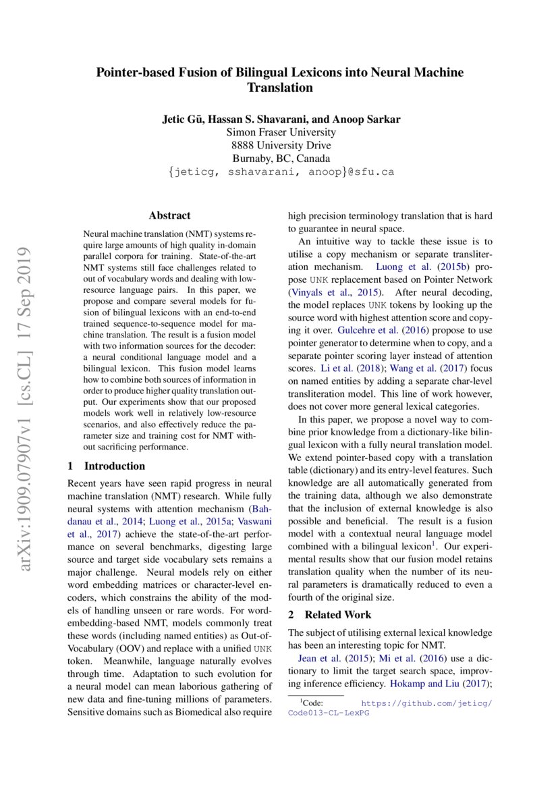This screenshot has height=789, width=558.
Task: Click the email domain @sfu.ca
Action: click(x=370, y=172)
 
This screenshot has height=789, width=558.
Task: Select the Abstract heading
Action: click(x=169, y=216)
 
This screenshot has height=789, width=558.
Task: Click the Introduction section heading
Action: click(x=113, y=466)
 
